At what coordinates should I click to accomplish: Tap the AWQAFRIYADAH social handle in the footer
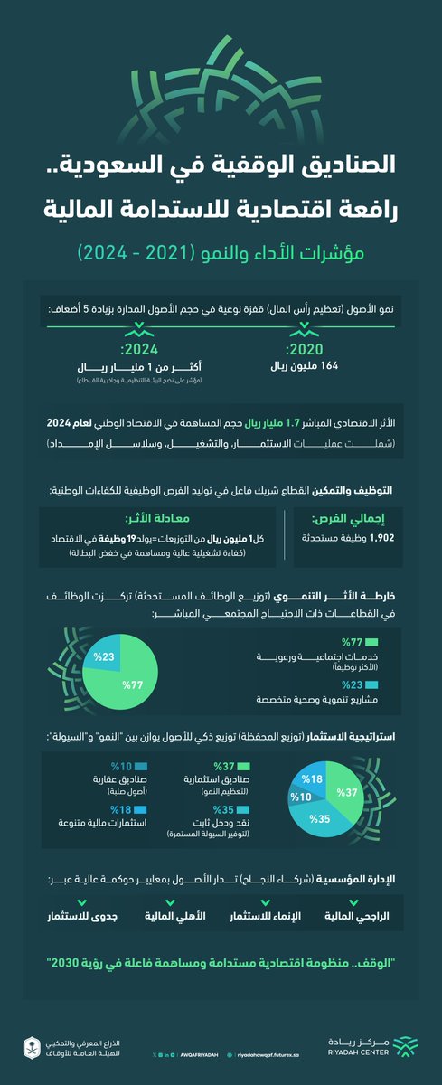click(x=198, y=1052)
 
